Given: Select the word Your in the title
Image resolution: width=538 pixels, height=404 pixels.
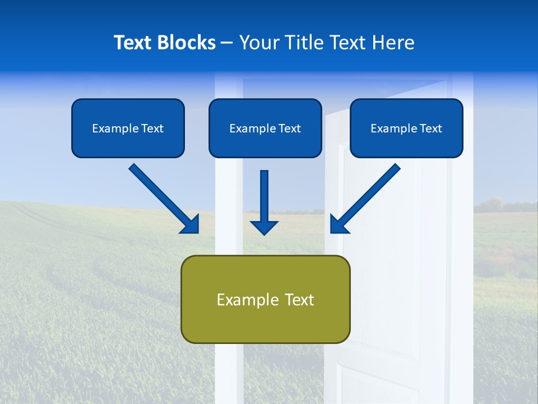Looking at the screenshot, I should coord(259,43).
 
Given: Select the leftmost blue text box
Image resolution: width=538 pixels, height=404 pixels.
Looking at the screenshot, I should coord(128,128).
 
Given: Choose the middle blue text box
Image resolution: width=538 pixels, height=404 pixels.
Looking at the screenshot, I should coord(265,128).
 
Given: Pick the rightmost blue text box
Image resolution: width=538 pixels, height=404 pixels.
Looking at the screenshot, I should coord(406,128).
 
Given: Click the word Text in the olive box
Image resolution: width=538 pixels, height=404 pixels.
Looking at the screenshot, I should coord(300,300).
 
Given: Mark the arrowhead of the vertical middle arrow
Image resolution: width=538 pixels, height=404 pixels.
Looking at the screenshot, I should coord(264,227).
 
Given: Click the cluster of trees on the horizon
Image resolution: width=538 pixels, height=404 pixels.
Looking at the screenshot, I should coord(492,205).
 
